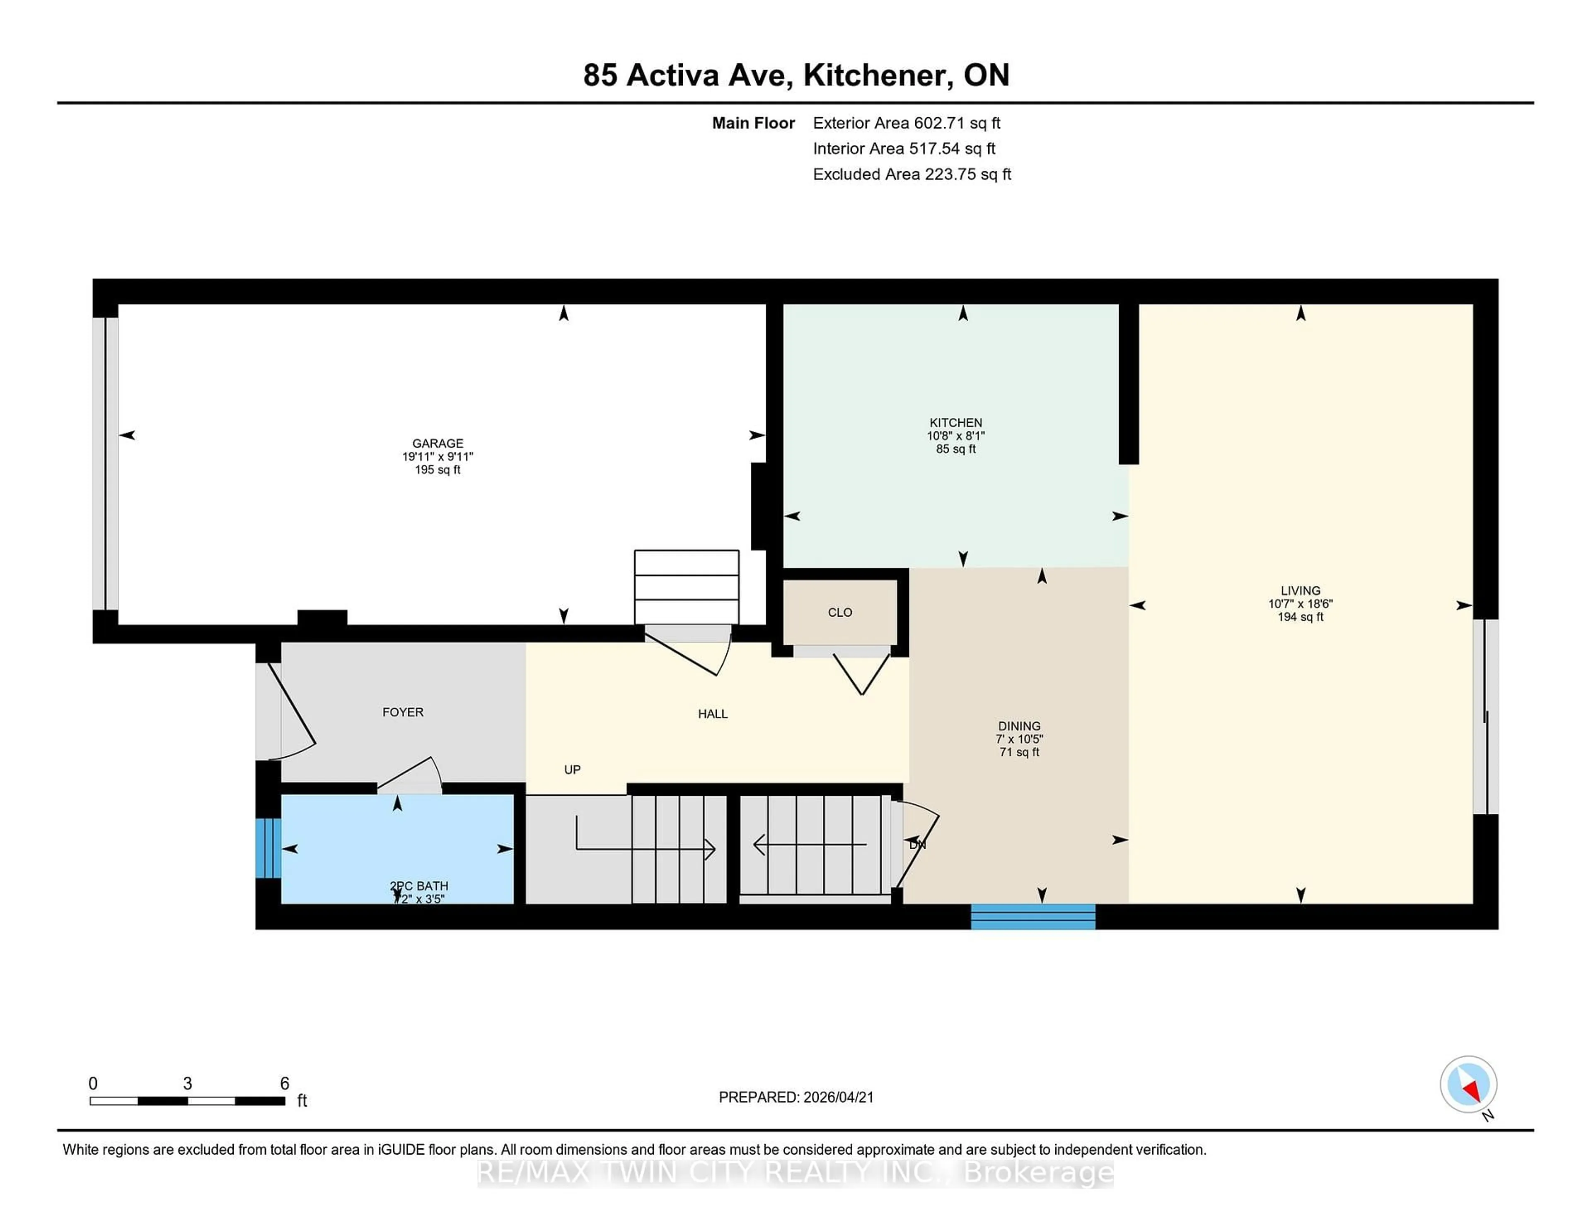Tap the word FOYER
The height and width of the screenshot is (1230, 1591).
[402, 712]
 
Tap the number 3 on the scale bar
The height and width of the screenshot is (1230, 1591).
[187, 1084]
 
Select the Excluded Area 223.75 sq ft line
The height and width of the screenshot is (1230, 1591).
[912, 174]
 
